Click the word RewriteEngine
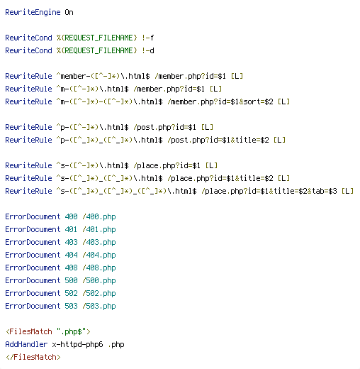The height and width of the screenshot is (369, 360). pos(33,12)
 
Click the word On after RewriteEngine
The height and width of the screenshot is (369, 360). pos(69,12)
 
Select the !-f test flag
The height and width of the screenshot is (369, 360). pos(148,38)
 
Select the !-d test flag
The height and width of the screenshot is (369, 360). pos(148,50)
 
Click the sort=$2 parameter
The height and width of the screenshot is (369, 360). pos(258,101)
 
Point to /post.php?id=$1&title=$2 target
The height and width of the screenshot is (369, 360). pos(218,140)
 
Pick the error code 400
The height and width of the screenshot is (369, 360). pos(71,216)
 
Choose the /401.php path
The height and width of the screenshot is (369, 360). pos(99,229)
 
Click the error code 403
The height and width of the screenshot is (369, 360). pos(71,242)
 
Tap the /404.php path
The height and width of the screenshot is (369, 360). pos(99,255)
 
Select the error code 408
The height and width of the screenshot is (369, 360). pos(71,268)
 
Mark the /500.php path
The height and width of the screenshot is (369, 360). pos(99,280)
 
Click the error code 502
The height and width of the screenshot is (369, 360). pos(71,293)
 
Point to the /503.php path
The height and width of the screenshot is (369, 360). pos(99,306)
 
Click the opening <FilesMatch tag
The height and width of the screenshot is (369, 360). pos(29,331)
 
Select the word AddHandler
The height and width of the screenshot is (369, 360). pos(26,344)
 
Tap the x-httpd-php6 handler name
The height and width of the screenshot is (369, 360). pos(78,344)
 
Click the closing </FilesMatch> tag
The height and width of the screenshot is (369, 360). pos(33,357)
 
